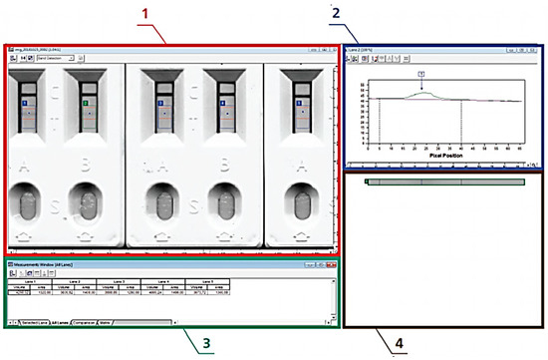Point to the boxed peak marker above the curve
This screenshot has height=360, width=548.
[421, 75]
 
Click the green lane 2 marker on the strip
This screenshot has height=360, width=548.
[86, 103]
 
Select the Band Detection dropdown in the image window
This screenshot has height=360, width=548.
[56, 59]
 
